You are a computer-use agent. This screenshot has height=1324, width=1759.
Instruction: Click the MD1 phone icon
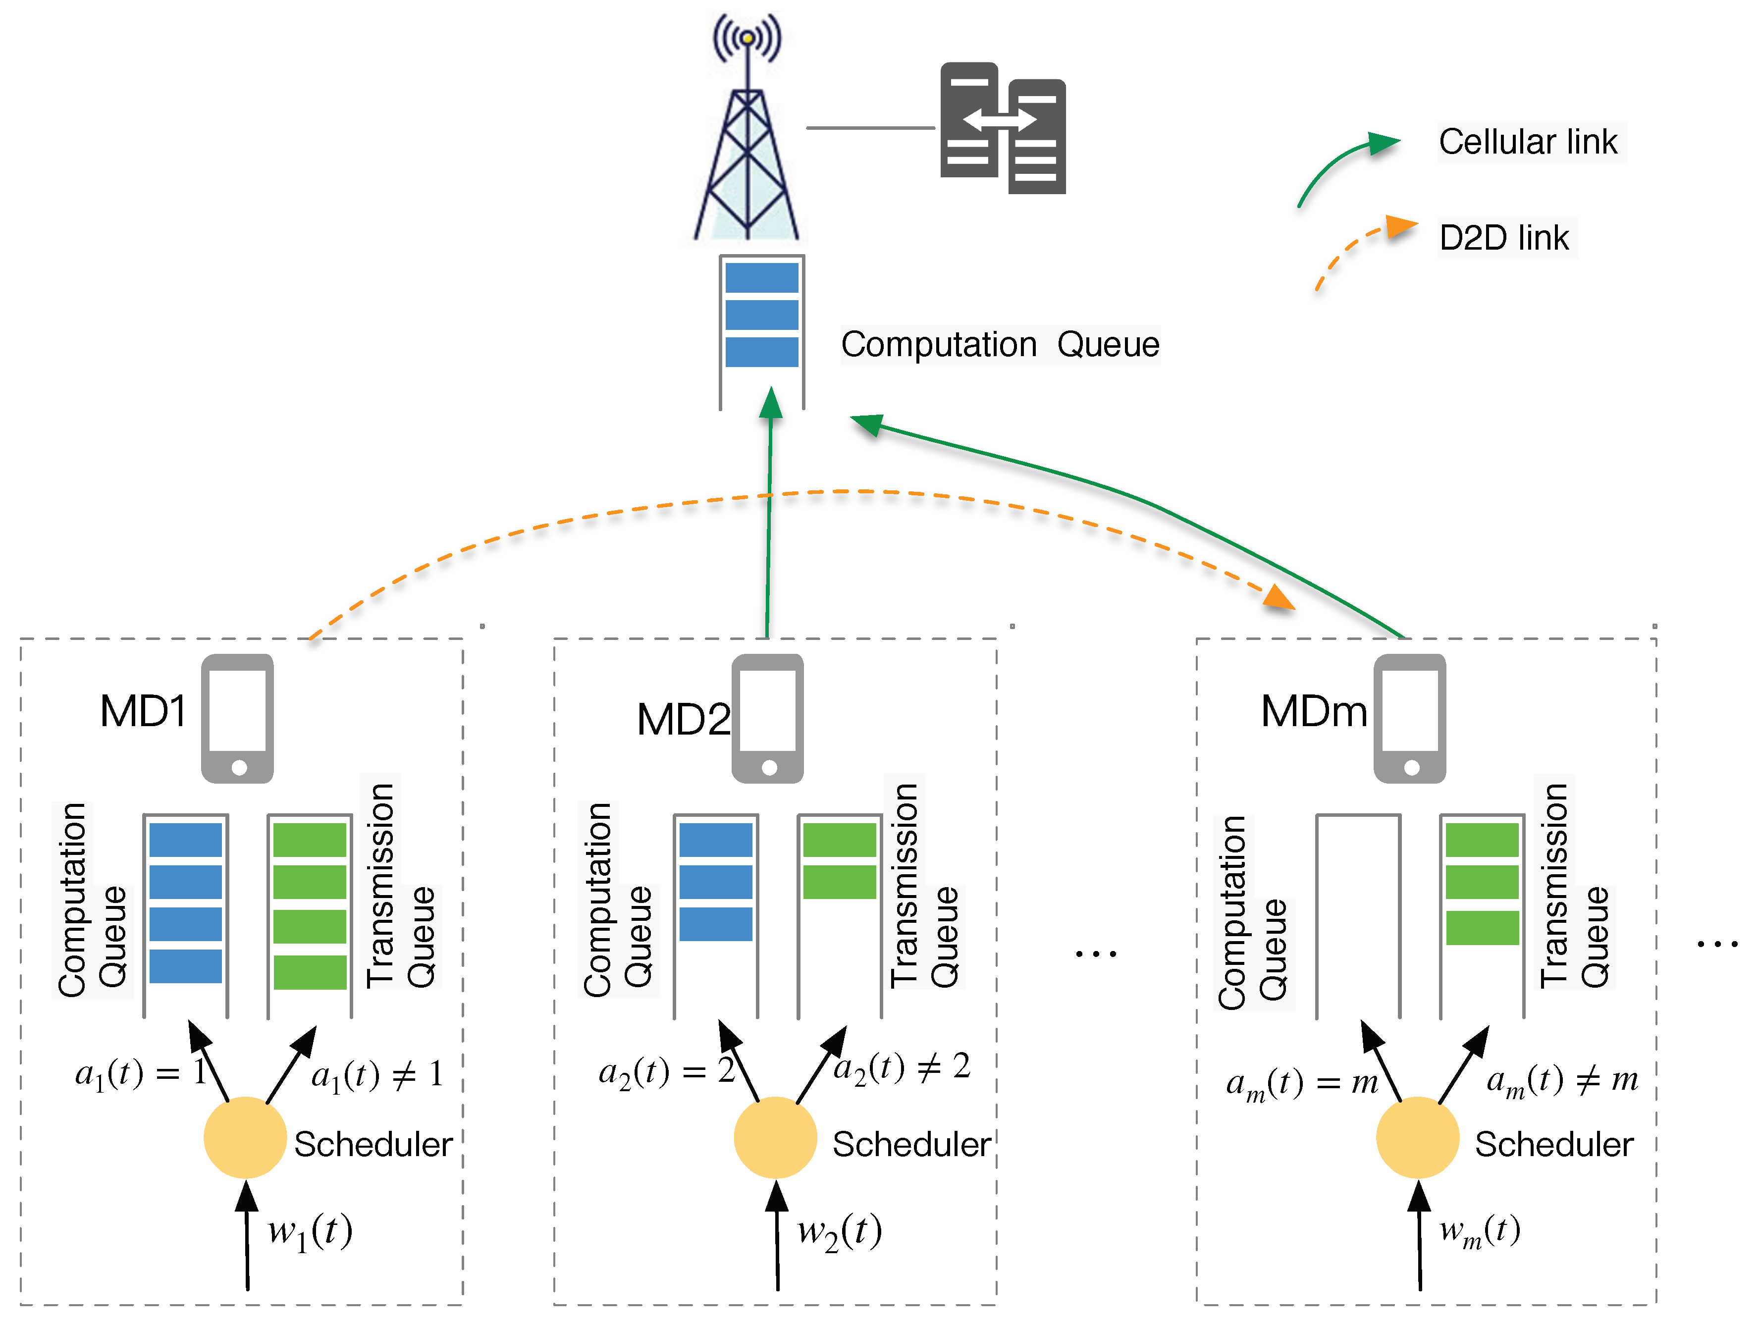237,718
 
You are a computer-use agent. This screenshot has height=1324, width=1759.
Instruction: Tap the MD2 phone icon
767,718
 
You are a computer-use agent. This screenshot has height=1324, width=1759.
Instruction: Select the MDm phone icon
1410,718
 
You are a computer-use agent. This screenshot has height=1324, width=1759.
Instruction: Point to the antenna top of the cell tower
746,37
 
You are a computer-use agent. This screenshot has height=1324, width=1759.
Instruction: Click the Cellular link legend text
1528,142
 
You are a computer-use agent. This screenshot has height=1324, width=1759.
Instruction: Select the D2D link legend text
1504,238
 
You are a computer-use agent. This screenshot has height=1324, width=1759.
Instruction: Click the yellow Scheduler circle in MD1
245,1137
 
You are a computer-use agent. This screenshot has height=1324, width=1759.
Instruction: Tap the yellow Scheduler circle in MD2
775,1137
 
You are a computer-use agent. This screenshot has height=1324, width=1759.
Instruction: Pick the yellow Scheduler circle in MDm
1418,1137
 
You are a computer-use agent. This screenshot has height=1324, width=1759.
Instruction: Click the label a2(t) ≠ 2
902,1067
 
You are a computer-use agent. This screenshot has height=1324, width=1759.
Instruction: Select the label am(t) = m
1302,1083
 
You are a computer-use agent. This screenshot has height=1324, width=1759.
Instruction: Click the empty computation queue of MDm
1358,914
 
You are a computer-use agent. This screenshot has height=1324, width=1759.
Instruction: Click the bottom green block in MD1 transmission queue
310,972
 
